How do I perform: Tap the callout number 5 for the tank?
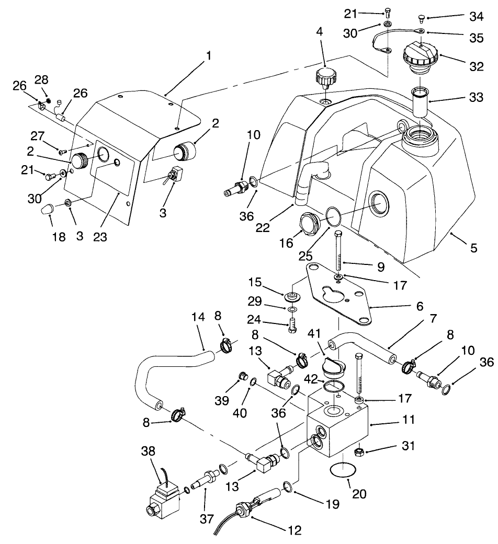click(473, 248)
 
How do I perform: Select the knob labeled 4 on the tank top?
click(324, 79)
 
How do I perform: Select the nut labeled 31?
click(359, 450)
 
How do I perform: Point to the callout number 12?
click(295, 530)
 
